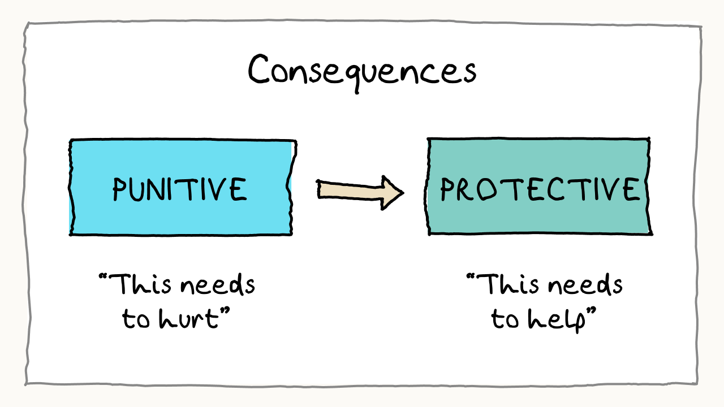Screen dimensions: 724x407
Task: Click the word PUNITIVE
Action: click(x=180, y=189)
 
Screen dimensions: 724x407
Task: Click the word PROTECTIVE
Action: click(x=539, y=189)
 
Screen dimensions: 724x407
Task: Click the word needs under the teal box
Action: click(x=588, y=286)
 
